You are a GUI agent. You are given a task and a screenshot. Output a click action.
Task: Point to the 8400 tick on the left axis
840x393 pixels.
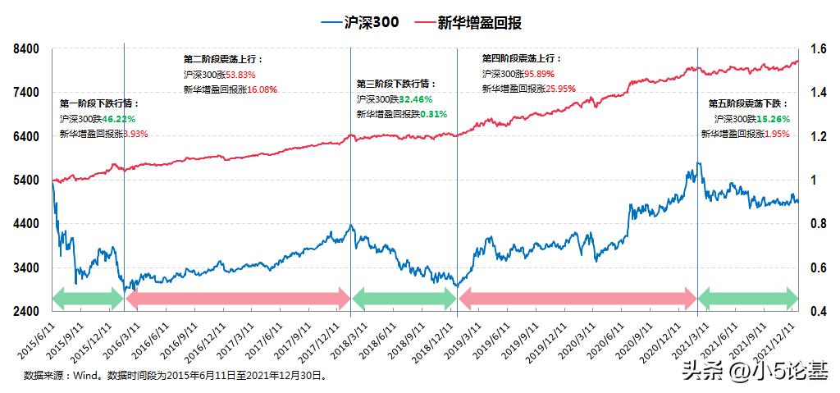(x=27, y=49)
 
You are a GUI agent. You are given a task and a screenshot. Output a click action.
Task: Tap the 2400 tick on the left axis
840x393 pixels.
(x=27, y=312)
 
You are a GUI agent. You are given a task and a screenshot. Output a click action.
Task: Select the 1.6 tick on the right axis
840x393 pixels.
(x=818, y=49)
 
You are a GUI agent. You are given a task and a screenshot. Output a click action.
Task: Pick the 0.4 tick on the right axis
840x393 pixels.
(x=818, y=312)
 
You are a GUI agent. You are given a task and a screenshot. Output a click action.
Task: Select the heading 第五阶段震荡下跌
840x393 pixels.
(x=747, y=104)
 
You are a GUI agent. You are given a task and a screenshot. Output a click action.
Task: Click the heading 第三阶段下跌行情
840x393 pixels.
(x=396, y=84)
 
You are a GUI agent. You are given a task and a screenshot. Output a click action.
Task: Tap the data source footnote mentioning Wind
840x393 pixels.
(x=175, y=376)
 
